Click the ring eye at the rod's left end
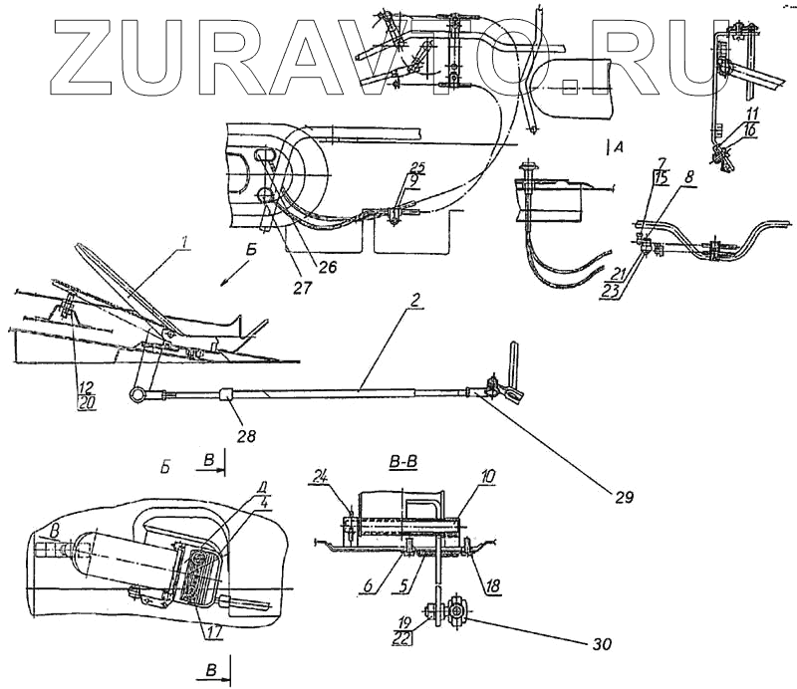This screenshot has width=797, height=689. pos(135,395)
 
